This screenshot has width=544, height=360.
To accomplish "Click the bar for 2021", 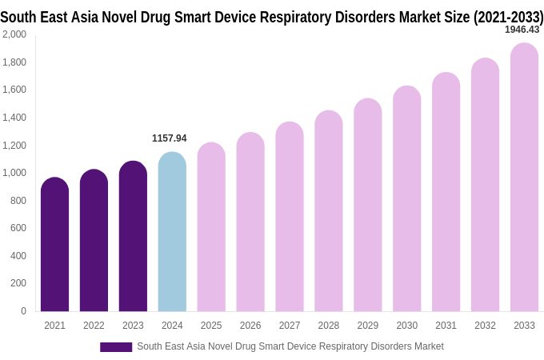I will (x=54, y=244).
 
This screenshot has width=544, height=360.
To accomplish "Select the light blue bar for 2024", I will (x=172, y=232).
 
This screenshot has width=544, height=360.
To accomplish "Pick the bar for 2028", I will (x=328, y=211).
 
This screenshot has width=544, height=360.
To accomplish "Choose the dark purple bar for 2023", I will (x=133, y=236).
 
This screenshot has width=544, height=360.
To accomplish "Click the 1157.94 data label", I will (x=169, y=138).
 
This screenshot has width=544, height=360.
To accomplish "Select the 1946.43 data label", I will (x=522, y=30).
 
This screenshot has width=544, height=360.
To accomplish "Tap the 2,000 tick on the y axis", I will (x=14, y=34).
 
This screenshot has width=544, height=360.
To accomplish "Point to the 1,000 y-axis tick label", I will (x=14, y=173).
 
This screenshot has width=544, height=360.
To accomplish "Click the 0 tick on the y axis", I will (x=23, y=311).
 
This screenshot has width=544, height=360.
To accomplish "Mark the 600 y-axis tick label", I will (x=18, y=228).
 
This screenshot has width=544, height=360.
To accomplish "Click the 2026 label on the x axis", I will (x=250, y=326).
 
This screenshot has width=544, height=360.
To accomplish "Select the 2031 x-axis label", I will (x=446, y=326).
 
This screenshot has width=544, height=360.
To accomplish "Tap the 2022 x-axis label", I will (x=94, y=326).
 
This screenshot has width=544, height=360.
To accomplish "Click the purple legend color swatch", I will (x=115, y=347).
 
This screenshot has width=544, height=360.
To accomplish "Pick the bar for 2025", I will (x=211, y=227).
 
